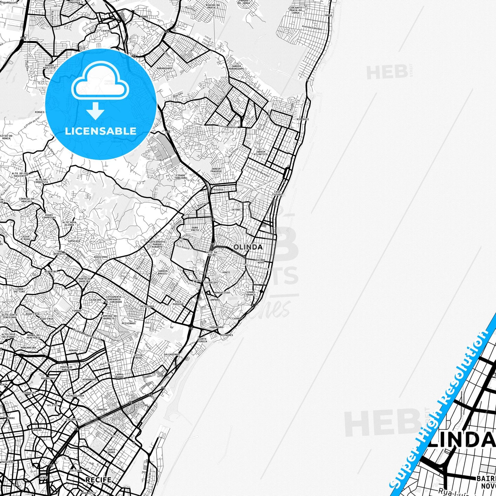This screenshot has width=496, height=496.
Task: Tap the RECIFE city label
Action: (x=98, y=480)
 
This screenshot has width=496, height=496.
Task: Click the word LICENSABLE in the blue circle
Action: (x=101, y=131)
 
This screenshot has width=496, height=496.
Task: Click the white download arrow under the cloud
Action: (x=95, y=111)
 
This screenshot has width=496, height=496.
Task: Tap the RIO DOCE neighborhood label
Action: (x=303, y=119)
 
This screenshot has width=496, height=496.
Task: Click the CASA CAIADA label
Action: (x=277, y=193)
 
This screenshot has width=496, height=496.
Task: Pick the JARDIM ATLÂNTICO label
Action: (x=261, y=153)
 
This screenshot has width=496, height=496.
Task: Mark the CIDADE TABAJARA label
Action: (x=181, y=176)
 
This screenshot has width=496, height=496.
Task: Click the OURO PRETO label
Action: (x=195, y=229)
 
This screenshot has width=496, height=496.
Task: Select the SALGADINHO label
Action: (x=171, y=354)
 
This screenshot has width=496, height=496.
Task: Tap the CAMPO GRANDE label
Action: (x=119, y=376)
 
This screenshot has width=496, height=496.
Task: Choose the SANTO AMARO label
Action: (x=111, y=451)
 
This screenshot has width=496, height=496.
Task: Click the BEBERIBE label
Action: (x=50, y=271)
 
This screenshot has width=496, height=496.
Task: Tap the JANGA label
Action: (x=328, y=15)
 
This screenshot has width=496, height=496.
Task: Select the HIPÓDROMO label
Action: (x=90, y=379)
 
